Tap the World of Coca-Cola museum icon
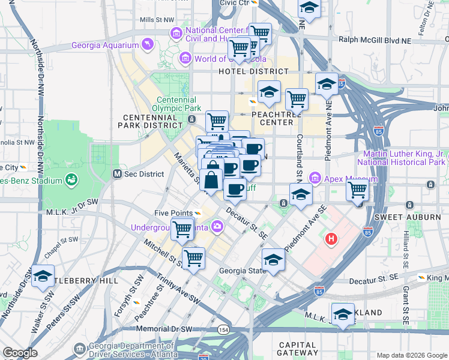pos(185,59)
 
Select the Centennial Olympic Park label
pos(176,104)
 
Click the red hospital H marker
pos(331,240)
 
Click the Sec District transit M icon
pos(118,174)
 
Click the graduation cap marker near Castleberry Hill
pos(43,276)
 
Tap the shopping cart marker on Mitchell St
pos(193,258)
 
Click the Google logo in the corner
pos(19,353)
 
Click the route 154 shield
pos(224,330)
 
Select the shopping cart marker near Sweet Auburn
pos(358,191)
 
